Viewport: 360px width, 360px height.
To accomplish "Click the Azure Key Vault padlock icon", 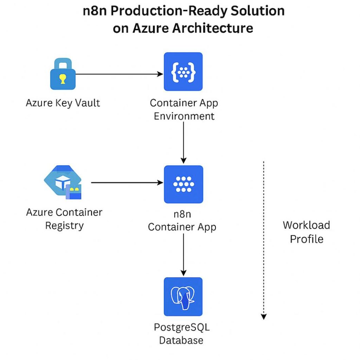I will [x=63, y=75].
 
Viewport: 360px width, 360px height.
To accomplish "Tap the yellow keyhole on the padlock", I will [x=63, y=79].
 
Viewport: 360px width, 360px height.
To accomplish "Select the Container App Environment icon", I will [x=183, y=72].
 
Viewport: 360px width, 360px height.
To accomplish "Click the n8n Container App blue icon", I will [x=183, y=184].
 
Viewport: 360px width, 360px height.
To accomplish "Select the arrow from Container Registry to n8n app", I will [x=127, y=182].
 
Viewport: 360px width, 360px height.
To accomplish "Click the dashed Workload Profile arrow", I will [x=264, y=239].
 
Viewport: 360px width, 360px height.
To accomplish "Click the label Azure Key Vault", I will [x=63, y=103].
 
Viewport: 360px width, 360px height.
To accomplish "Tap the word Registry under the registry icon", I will [x=64, y=225].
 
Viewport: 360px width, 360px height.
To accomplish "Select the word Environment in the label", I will [x=184, y=116].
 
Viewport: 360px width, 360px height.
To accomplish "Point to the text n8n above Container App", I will [x=182, y=214].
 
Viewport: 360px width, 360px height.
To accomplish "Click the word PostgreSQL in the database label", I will [x=181, y=327].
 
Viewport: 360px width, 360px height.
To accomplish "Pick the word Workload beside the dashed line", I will [x=306, y=225].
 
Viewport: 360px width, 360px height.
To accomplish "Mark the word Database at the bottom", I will [x=181, y=340].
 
